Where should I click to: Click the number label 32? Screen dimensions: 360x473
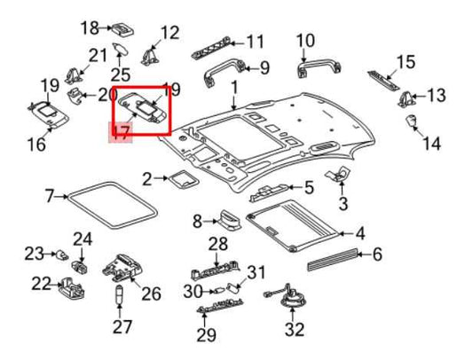(x=294, y=330)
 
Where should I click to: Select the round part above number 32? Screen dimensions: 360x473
(x=290, y=301)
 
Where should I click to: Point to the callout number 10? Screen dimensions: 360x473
(x=304, y=40)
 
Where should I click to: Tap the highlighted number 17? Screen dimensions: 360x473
(x=119, y=134)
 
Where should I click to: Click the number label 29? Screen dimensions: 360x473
(x=207, y=334)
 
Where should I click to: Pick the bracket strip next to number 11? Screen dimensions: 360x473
(x=222, y=41)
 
